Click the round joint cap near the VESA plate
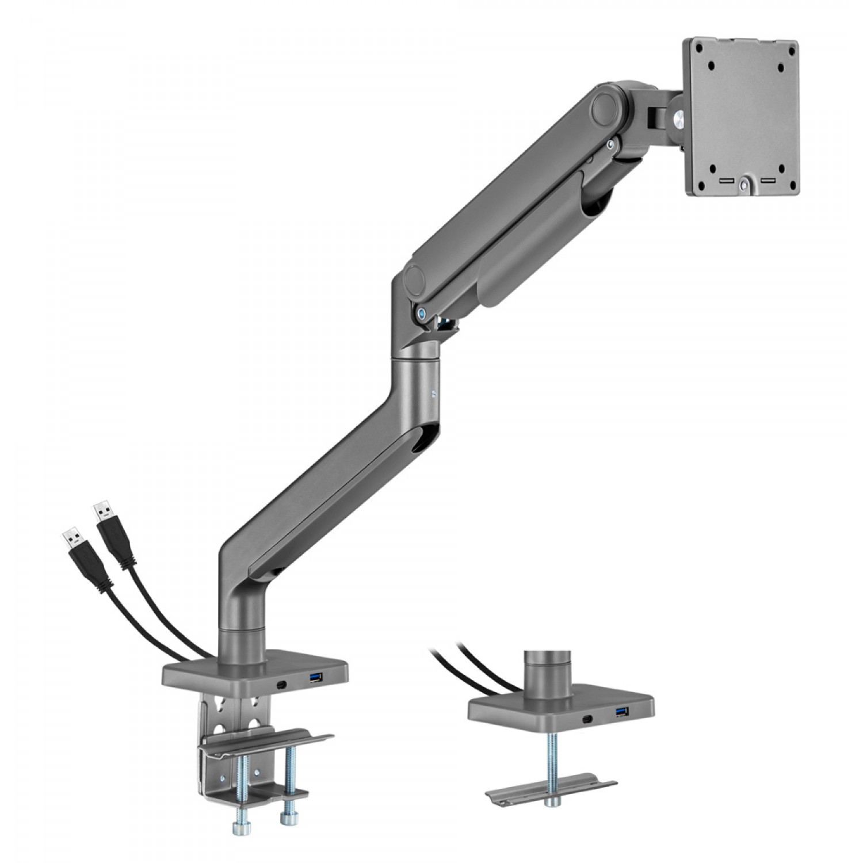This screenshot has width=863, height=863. click(604, 103)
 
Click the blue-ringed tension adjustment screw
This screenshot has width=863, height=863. click(423, 314)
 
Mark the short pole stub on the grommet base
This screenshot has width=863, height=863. click(546, 671)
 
